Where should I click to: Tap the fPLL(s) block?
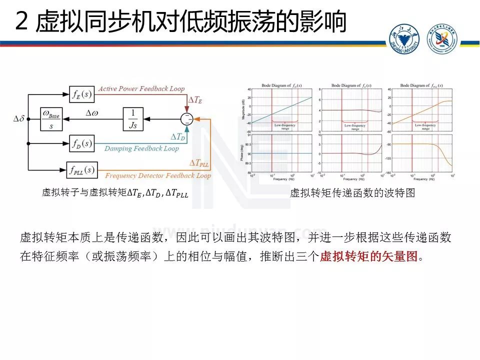click(81, 170)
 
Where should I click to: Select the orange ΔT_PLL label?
click(199, 163)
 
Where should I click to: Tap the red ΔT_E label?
click(194, 99)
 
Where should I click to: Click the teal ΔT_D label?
click(177, 136)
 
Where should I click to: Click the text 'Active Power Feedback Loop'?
click(141, 88)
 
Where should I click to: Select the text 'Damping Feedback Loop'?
click(141, 148)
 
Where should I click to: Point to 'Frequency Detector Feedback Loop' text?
click(158, 176)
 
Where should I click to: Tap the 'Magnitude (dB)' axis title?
click(242, 107)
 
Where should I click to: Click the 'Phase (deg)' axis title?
click(242, 153)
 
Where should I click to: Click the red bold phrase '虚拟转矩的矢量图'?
click(368, 256)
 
